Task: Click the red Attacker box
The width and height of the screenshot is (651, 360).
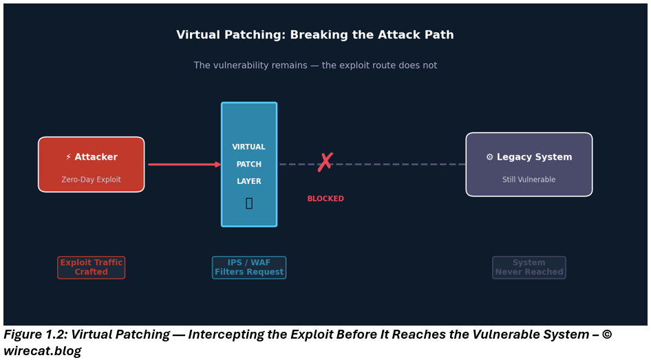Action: (x=91, y=165)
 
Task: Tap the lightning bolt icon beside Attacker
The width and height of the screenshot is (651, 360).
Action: (x=68, y=157)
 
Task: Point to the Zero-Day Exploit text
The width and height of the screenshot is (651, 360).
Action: (x=91, y=180)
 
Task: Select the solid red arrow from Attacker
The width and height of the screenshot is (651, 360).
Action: (x=183, y=165)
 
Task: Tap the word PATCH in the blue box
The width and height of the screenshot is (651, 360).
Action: (x=248, y=165)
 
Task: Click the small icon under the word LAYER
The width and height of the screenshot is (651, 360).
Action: (x=249, y=203)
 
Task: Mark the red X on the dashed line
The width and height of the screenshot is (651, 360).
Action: (x=325, y=163)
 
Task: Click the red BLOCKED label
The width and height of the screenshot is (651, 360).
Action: (x=325, y=199)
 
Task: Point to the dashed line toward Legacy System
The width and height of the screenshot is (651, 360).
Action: (x=399, y=165)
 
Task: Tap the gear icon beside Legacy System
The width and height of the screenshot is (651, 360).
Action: (x=489, y=157)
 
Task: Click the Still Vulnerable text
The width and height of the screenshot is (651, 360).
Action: (x=529, y=180)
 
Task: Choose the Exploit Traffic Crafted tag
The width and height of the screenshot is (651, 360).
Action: (x=91, y=268)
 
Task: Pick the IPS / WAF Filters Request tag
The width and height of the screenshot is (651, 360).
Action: (x=248, y=268)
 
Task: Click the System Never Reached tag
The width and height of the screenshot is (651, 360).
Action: (x=529, y=268)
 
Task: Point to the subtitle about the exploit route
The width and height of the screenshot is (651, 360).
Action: (x=315, y=65)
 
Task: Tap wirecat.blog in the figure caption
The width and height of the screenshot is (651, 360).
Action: (x=42, y=351)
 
